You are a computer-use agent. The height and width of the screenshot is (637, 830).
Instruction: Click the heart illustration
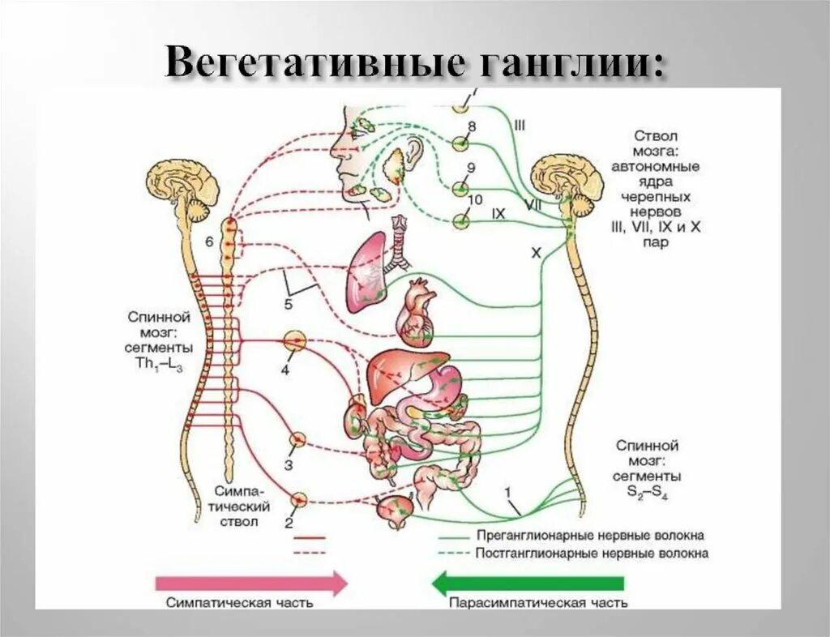416,312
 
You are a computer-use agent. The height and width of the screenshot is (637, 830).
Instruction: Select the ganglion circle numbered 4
295,341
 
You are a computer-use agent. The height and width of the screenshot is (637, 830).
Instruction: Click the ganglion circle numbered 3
298,439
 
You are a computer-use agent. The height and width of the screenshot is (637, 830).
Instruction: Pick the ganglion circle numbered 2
299,500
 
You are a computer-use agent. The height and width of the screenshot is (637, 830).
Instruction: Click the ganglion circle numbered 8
460,143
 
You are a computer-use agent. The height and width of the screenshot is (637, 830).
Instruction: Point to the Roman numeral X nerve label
535,253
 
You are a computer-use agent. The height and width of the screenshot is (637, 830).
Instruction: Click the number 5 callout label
288,305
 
